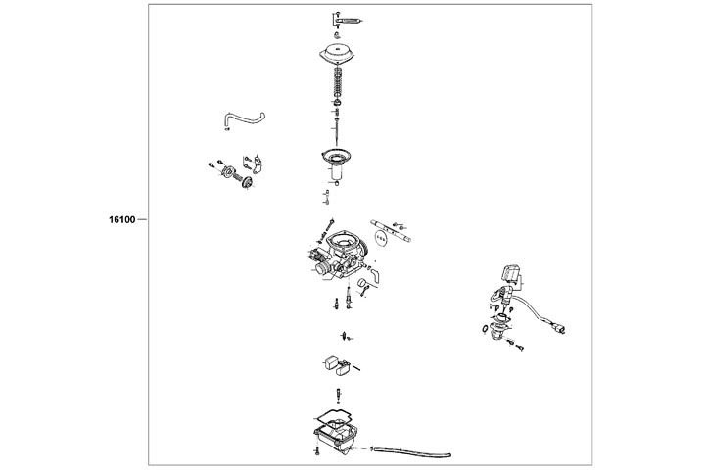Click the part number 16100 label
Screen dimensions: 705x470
(121, 220)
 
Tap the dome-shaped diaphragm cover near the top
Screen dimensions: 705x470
(337, 55)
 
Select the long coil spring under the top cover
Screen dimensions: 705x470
(338, 83)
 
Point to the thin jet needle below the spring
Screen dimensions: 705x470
(337, 130)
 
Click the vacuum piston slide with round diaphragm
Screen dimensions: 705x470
(337, 165)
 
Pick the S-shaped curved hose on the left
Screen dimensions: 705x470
(244, 119)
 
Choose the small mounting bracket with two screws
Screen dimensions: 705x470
(257, 165)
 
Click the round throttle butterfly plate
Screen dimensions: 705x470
(380, 237)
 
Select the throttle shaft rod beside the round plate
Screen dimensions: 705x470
(391, 231)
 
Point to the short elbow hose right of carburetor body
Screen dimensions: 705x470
(374, 275)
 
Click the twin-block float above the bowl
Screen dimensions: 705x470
(337, 364)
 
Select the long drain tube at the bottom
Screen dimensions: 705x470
(411, 451)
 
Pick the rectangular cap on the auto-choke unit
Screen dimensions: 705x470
(510, 273)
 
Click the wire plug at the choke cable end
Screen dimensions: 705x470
(560, 329)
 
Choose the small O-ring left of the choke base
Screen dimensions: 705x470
(485, 329)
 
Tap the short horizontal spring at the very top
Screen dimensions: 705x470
(350, 21)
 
